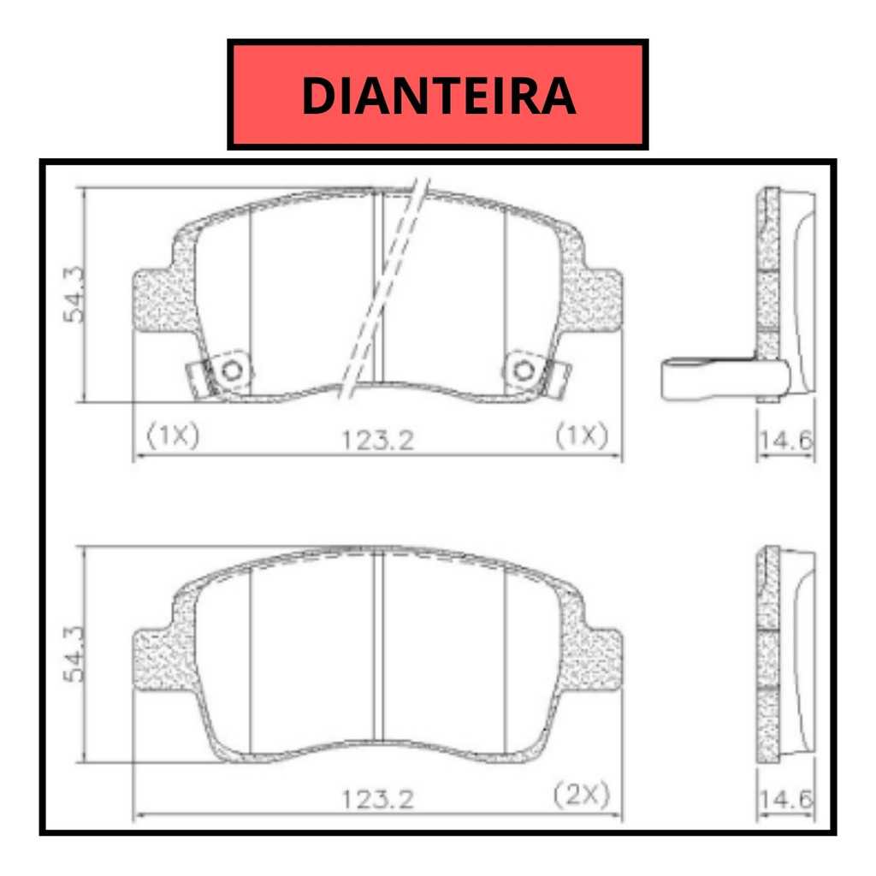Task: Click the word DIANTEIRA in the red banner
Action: [x=439, y=96]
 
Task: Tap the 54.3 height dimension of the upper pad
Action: [x=74, y=294]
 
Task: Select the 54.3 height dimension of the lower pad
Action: [x=74, y=654]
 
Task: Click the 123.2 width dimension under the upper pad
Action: [x=377, y=441]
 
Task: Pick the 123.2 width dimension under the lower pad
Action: [x=377, y=799]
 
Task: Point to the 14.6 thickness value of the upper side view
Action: [x=785, y=441]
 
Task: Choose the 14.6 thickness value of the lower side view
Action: [x=785, y=800]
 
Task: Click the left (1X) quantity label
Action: [x=173, y=435]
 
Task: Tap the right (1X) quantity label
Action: [x=582, y=435]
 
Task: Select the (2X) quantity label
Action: [x=582, y=794]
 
